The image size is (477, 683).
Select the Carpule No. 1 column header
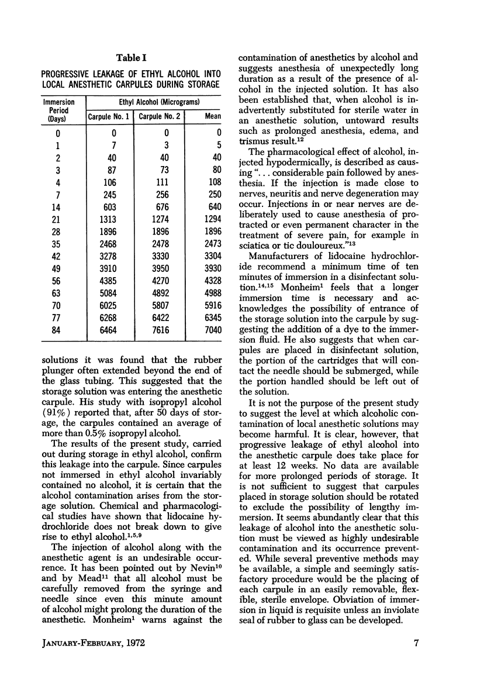109,116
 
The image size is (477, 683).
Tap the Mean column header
212,116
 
